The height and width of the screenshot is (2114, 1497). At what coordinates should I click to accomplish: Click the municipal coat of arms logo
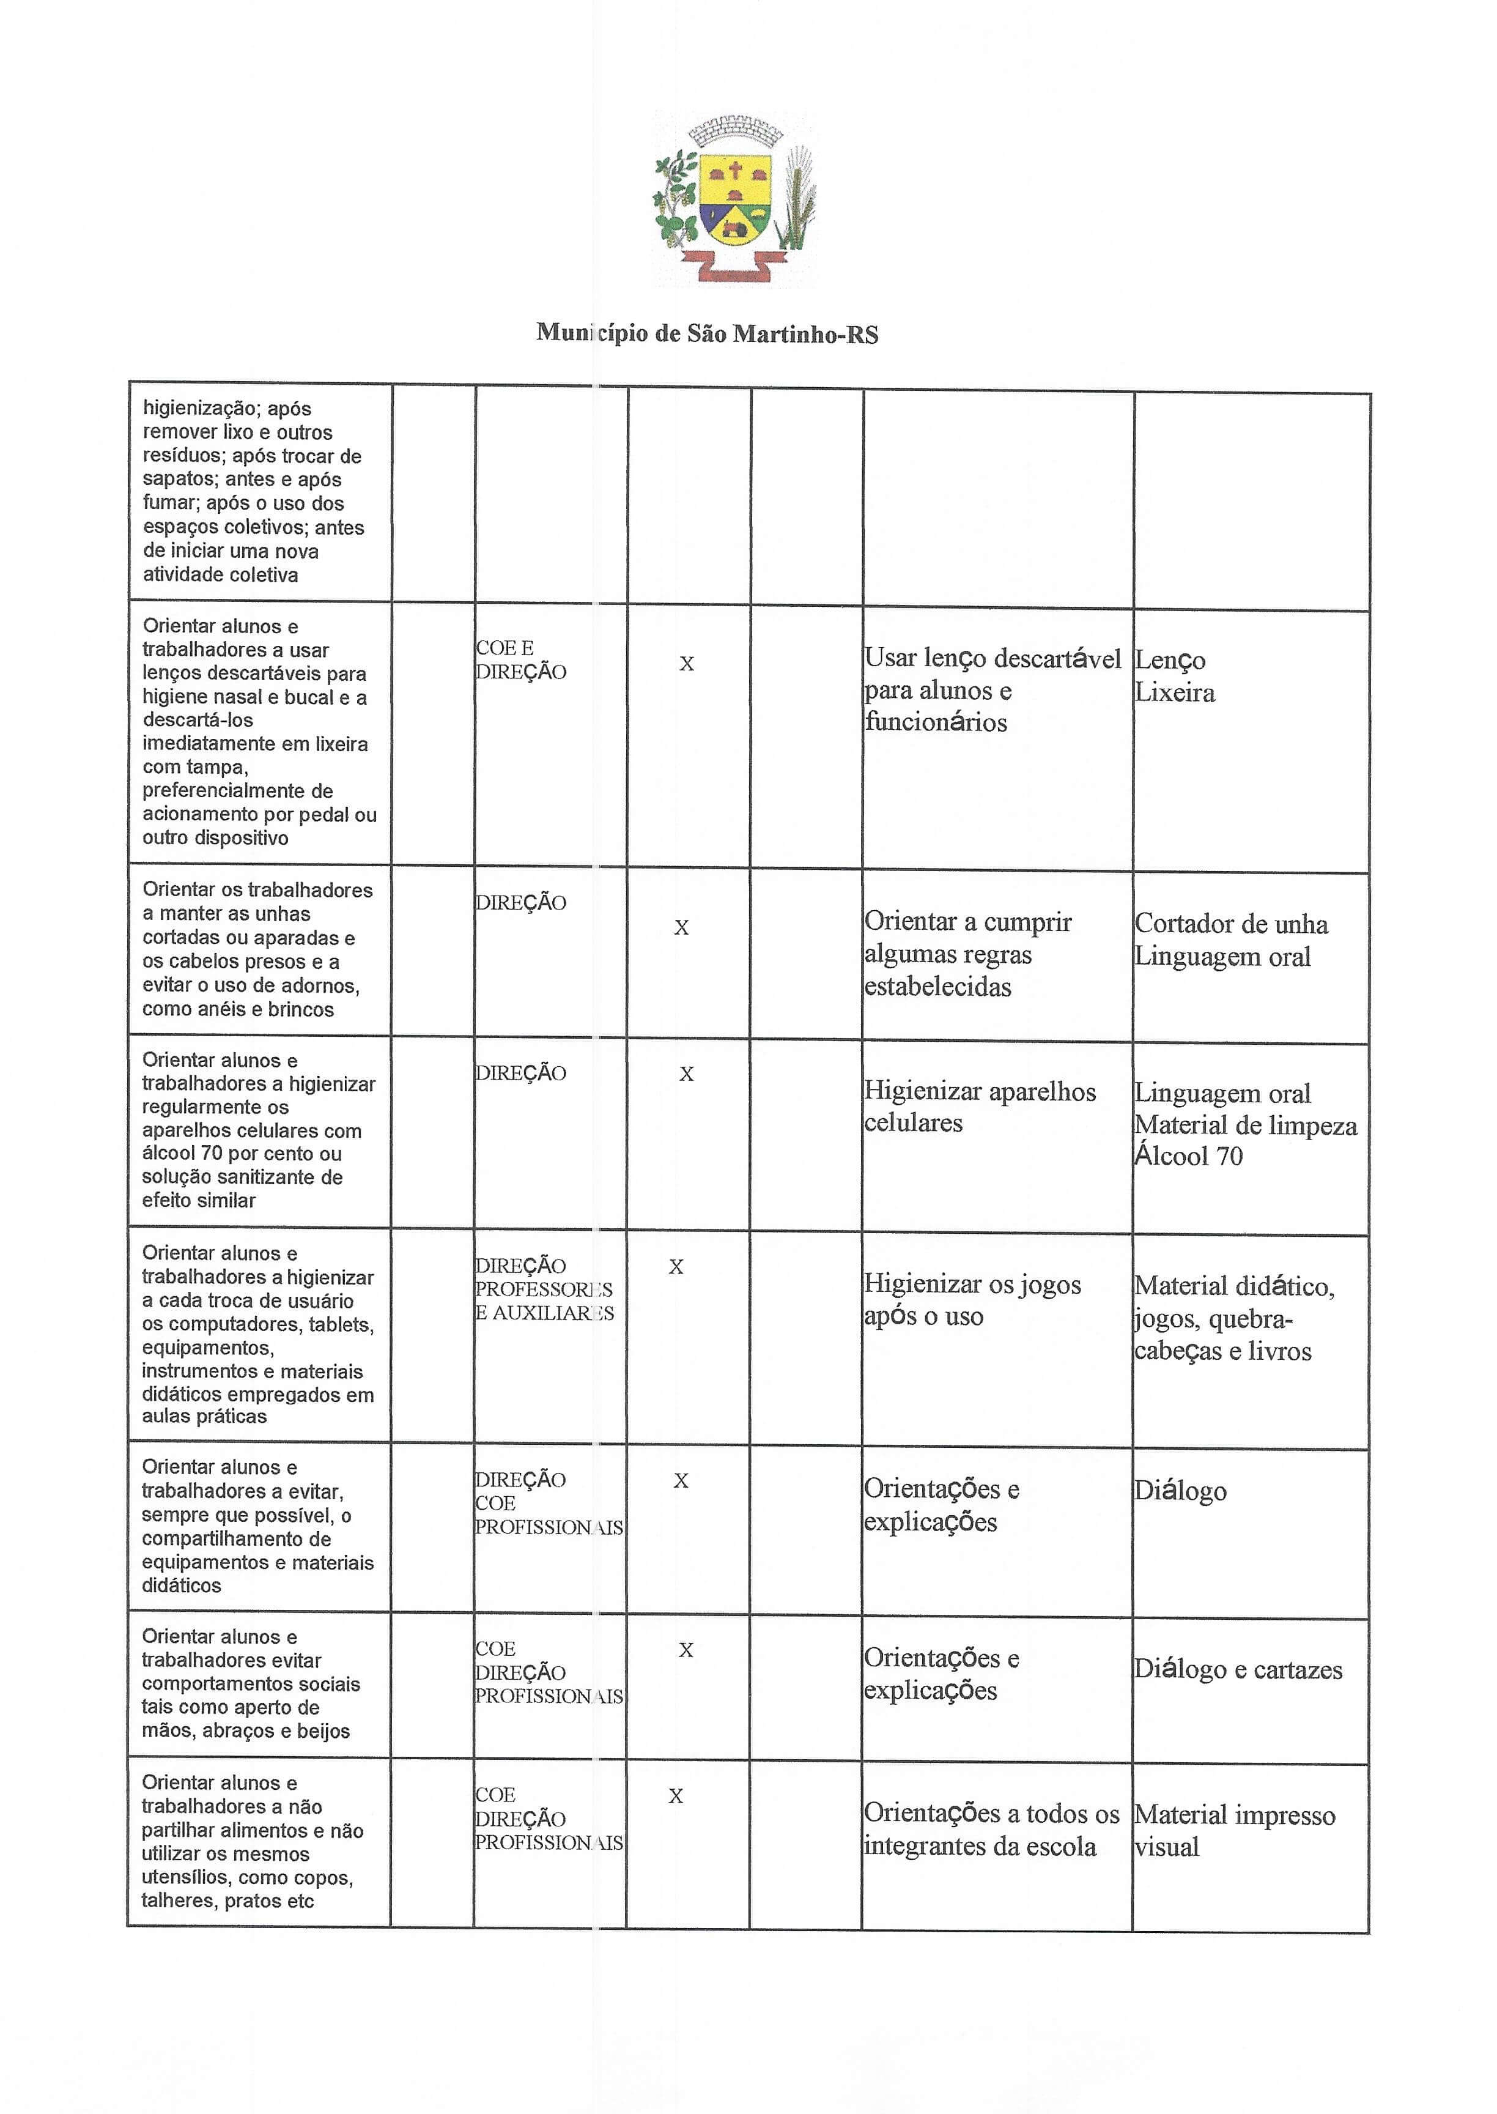tap(734, 199)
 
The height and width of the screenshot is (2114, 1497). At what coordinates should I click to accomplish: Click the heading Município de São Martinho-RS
tap(707, 334)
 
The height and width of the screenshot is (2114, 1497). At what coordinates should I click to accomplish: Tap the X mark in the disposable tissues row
tap(687, 664)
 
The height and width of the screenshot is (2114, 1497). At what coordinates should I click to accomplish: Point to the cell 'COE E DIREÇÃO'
tap(521, 660)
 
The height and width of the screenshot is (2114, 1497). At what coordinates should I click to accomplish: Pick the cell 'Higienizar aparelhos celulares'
tap(979, 1107)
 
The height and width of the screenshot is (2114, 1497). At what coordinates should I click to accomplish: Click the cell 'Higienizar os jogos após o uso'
tap(972, 1300)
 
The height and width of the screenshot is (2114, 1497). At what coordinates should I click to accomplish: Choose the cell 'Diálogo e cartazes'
tap(1238, 1670)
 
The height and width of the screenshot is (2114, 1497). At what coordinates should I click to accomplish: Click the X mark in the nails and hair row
tap(681, 927)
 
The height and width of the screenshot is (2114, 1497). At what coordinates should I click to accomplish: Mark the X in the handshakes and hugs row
tap(686, 1650)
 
